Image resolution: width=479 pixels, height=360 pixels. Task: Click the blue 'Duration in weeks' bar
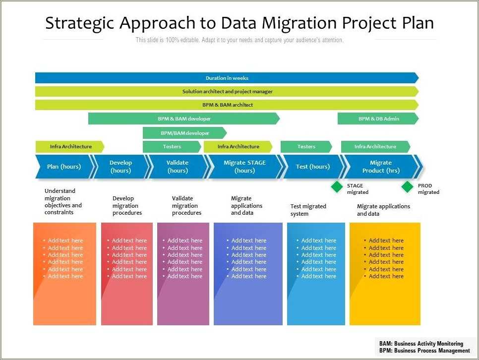point(227,78)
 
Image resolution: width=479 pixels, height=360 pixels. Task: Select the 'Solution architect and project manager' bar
point(227,91)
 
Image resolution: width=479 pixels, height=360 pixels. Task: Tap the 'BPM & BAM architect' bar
point(227,105)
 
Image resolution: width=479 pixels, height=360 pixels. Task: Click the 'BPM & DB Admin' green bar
point(378,119)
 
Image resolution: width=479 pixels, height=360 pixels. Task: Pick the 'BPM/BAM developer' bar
point(184,133)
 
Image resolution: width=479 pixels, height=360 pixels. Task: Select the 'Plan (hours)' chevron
point(64,167)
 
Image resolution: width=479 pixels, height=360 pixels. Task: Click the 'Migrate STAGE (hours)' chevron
point(244,167)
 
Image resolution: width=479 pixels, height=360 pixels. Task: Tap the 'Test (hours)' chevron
point(312,167)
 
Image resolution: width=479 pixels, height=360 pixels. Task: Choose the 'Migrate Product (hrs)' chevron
point(380,167)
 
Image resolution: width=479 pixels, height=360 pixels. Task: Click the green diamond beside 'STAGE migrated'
point(337,186)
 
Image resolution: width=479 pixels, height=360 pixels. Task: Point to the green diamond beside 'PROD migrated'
point(407,186)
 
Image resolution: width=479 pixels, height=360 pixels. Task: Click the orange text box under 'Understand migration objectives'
point(64,274)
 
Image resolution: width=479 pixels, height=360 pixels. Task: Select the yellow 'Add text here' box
point(385,274)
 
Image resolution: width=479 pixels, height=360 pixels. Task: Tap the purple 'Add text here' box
point(183,274)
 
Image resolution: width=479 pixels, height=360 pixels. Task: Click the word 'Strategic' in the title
point(80,23)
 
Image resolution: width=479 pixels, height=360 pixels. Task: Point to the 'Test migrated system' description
point(309,210)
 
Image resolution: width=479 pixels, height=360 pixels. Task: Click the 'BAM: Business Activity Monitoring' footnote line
point(421,343)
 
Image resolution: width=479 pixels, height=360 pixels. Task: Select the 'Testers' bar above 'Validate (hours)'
point(172,147)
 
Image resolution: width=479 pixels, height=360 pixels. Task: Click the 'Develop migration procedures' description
point(127,205)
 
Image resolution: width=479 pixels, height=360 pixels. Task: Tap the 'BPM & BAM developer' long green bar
point(184,119)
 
